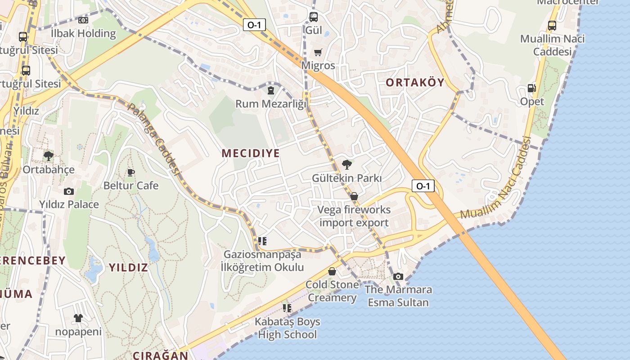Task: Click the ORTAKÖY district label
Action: pos(415,82)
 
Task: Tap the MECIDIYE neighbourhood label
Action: pos(251,153)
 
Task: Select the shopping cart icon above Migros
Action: pos(318,52)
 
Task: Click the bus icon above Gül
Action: pos(314,17)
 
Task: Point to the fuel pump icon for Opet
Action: pos(532,88)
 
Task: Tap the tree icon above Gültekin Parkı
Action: pos(346,164)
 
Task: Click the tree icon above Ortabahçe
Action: pos(48,156)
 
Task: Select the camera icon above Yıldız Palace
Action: pos(68,191)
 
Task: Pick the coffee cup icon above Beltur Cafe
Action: pos(131,172)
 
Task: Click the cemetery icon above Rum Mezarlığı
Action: pos(270,90)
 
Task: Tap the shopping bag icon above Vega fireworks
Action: pos(354,196)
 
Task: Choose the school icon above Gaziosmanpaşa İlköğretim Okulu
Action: pos(262,241)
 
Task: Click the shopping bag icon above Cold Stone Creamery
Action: pos(332,271)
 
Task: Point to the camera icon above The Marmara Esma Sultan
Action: pos(398,276)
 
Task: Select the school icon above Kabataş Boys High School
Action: pos(287,308)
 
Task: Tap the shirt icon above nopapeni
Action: pos(78,318)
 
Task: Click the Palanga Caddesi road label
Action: pos(154,139)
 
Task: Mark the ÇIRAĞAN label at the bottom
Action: pos(160,355)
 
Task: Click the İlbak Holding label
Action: pos(83,33)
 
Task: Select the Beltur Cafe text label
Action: pos(131,185)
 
